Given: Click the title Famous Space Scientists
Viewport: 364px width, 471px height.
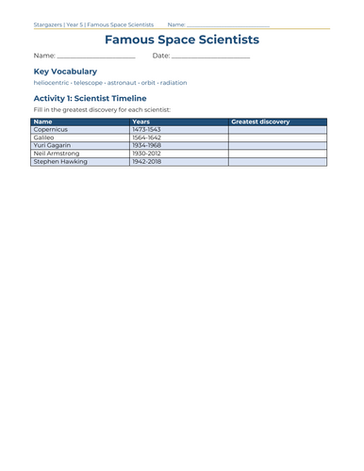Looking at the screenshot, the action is point(181,40).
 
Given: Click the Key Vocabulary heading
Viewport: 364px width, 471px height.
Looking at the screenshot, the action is point(65,71).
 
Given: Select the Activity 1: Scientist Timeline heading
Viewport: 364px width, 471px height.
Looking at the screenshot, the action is point(90,98).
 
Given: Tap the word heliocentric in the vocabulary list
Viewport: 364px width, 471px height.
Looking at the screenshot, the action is point(52,83).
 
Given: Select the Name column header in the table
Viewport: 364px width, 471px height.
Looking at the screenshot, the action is point(43,122).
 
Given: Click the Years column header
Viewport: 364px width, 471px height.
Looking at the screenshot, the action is point(141,122).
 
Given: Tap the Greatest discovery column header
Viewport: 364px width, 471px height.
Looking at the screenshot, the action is point(260,122).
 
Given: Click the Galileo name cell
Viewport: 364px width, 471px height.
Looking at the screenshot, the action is point(46,138).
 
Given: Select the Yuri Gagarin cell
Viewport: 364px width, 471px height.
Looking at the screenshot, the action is point(53,146).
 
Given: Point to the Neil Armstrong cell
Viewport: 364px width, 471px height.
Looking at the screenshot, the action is point(57,154).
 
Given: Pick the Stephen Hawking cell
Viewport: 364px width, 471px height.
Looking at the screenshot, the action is point(60,162).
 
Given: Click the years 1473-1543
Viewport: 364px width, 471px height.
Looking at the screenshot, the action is point(147,130).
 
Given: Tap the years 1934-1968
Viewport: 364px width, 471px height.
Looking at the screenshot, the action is point(147,146).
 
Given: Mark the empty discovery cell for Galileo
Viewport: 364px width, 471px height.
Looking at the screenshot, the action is point(277,138).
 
